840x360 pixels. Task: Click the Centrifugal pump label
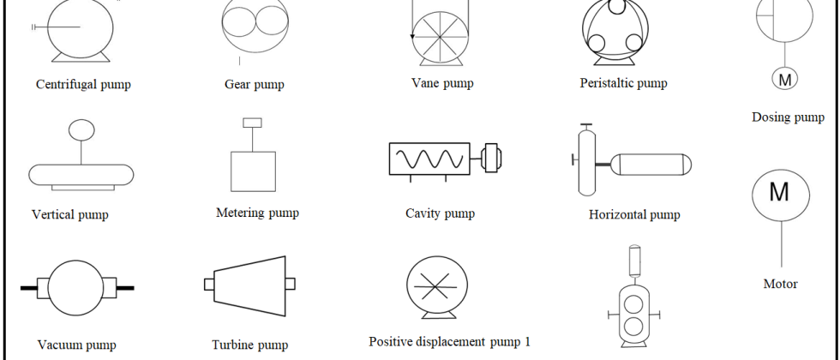(x=83, y=85)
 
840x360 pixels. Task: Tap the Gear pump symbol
(x=255, y=27)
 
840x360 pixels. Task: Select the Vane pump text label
(x=442, y=83)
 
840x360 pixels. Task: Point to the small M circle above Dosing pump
(x=785, y=79)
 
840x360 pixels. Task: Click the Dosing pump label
(x=788, y=117)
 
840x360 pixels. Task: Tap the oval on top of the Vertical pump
(x=81, y=129)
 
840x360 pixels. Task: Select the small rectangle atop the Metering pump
(x=252, y=123)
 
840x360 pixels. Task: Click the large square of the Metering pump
(x=254, y=171)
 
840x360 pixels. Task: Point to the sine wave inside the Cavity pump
(x=429, y=159)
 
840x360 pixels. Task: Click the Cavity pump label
(x=440, y=213)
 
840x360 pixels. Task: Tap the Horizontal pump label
(x=634, y=215)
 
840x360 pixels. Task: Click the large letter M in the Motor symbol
(x=779, y=192)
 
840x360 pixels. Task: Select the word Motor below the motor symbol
(x=781, y=284)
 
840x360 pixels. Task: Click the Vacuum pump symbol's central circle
(x=75, y=288)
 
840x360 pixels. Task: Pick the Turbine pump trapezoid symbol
(x=249, y=285)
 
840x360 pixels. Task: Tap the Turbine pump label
(x=249, y=345)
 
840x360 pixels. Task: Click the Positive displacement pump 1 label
(x=449, y=342)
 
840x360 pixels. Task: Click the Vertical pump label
(x=70, y=215)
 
